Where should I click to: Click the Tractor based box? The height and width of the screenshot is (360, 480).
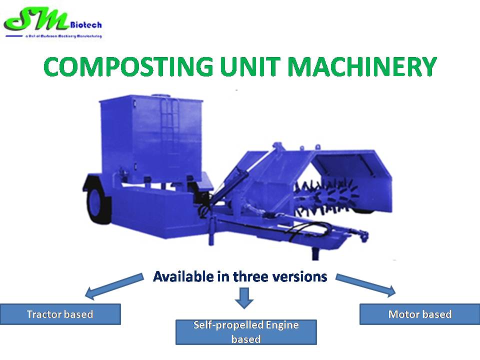[60, 314]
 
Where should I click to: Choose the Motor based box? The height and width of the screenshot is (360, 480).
[419, 314]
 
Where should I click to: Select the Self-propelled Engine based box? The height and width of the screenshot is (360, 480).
[245, 332]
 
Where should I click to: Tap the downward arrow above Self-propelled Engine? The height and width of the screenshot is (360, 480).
[244, 297]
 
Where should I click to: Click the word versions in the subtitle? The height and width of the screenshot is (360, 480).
[303, 276]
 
